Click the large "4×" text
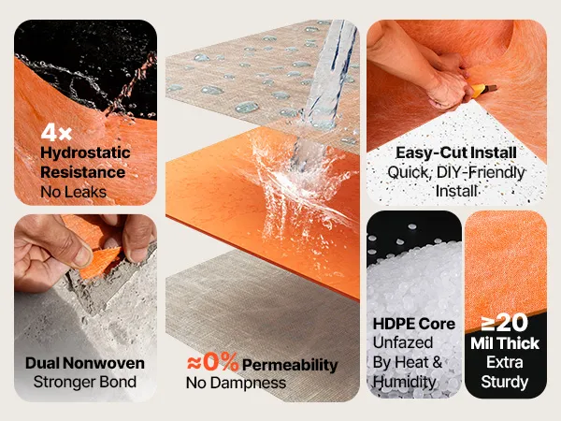56,133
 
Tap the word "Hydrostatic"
85,153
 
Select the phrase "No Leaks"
73,192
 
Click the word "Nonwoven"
105,363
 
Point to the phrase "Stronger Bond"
85,382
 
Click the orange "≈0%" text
212,362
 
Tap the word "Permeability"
290,366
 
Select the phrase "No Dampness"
236,383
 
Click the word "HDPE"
393,324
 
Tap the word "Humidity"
404,382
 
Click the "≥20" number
505,322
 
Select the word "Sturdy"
505,382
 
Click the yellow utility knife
483,91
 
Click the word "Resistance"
82,172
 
